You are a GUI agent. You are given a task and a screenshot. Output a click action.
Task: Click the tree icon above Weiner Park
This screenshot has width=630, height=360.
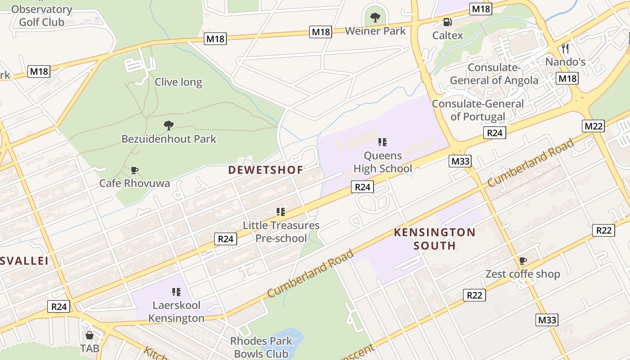coord(375,18)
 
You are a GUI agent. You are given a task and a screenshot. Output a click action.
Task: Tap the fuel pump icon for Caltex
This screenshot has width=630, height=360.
coord(447,22)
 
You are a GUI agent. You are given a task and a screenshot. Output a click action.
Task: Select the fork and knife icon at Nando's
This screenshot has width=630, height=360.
coord(565,48)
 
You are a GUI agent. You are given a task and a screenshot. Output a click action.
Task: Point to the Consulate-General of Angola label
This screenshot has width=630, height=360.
coord(494,74)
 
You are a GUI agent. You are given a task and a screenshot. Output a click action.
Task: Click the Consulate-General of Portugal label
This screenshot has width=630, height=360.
coord(478,110)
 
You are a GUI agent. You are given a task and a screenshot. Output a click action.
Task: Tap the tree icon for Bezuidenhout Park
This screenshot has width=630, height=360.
coord(169,126)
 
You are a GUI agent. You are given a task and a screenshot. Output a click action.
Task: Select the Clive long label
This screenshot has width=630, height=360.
coord(178,82)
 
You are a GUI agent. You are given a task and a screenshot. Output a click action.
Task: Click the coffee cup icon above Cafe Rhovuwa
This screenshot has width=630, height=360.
coord(134,170)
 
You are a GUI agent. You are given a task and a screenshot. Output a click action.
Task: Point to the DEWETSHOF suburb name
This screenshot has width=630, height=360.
coord(265,170)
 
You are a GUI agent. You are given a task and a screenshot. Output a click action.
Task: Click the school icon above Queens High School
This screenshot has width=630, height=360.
coord(382,143)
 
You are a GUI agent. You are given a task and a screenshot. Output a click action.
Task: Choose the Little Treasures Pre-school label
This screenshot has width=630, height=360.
coord(281,232)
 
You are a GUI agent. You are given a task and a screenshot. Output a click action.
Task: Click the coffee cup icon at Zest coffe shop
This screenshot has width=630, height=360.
coord(522,261)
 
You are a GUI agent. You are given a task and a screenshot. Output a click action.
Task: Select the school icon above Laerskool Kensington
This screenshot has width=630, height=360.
coord(176,292)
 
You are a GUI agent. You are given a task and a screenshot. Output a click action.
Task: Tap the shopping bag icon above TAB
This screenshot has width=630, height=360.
coord(90,335)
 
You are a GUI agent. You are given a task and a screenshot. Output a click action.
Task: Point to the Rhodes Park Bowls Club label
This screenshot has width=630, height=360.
coord(261,347)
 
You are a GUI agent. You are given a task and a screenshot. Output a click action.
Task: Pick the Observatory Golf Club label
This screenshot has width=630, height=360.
coord(41,15)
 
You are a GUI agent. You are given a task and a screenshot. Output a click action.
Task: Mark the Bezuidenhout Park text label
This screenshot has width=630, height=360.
coord(169,139)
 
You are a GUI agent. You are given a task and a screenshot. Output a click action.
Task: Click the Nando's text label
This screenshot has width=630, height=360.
coord(565,62)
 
